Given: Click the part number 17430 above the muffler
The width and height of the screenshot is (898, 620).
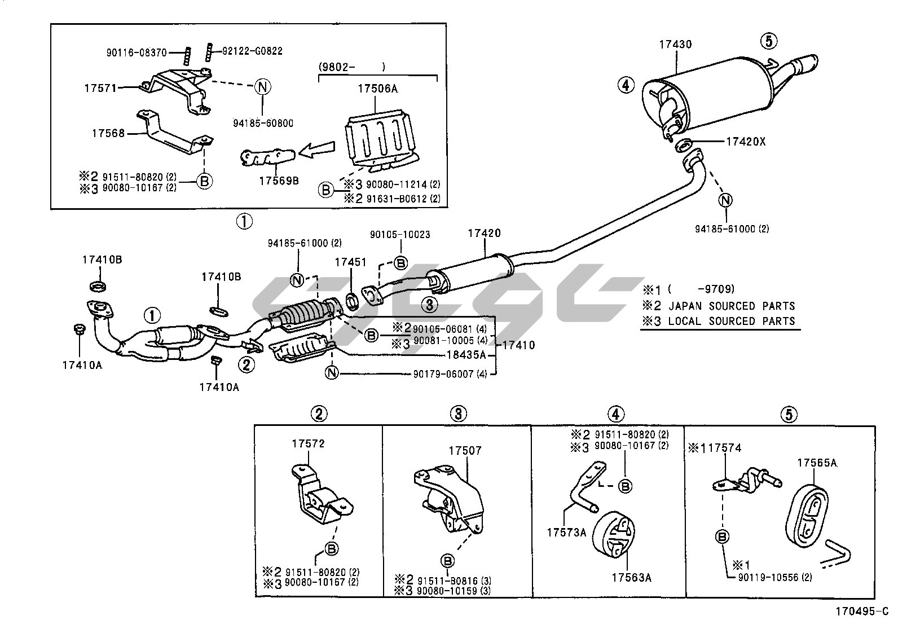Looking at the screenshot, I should pyautogui.click(x=675, y=44).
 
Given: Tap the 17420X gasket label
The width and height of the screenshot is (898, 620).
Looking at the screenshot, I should pyautogui.click(x=746, y=142).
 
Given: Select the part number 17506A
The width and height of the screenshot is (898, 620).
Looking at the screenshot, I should pyautogui.click(x=377, y=89).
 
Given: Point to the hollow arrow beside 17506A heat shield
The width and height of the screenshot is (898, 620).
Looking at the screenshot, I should pyautogui.click(x=316, y=151).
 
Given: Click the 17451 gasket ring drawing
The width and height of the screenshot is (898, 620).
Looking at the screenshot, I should pyautogui.click(x=352, y=301).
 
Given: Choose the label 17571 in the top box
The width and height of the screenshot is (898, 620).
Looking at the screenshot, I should pyautogui.click(x=100, y=87).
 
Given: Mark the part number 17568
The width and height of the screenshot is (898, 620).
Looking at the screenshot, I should pyautogui.click(x=108, y=134).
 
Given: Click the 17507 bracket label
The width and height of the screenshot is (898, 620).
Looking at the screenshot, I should pyautogui.click(x=465, y=451).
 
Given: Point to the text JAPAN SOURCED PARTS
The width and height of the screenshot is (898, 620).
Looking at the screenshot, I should pyautogui.click(x=731, y=306).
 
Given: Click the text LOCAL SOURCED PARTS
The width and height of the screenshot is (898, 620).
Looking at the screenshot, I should pyautogui.click(x=731, y=321).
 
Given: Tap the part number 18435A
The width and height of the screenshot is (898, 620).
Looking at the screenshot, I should pyautogui.click(x=466, y=355).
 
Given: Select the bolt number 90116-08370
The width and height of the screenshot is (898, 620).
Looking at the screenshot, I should pyautogui.click(x=136, y=52).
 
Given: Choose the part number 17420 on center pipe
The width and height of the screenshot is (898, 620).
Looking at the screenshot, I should pyautogui.click(x=484, y=233).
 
